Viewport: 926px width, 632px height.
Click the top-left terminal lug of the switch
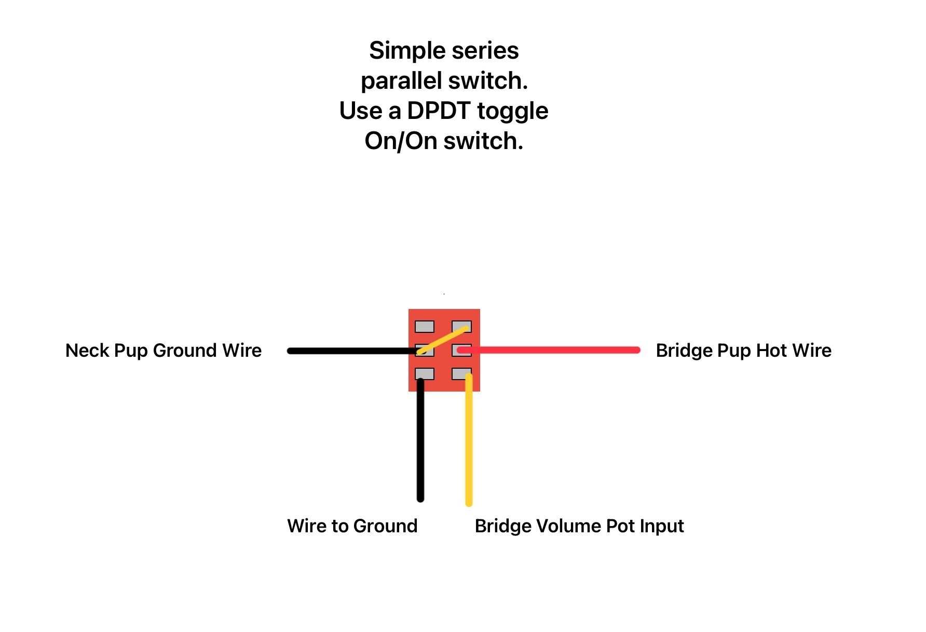pyautogui.click(x=424, y=327)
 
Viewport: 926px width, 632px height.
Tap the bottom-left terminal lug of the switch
pyautogui.click(x=424, y=373)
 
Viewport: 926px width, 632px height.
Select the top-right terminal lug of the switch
pyautogui.click(x=461, y=327)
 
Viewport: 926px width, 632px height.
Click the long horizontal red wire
pyautogui.click(x=549, y=350)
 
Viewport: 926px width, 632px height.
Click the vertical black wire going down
pyautogui.click(x=420, y=440)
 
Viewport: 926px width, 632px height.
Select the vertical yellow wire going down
pyautogui.click(x=469, y=439)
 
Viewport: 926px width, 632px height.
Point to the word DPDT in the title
pyautogui.click(x=439, y=111)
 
